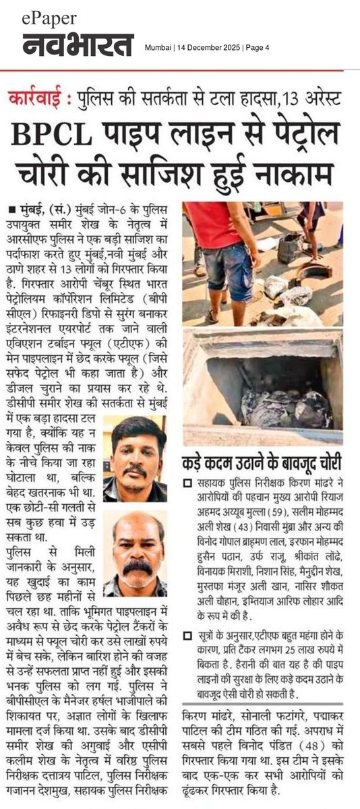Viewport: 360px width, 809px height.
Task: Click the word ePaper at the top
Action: [x=50, y=19]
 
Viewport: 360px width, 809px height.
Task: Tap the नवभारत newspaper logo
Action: [x=78, y=45]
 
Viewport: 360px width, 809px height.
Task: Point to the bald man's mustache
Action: [x=138, y=567]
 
